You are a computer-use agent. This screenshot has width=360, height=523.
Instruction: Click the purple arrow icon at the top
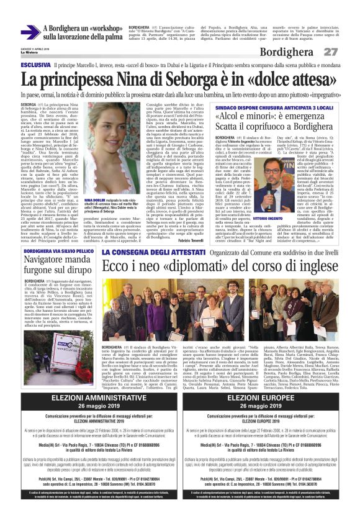click(x=30, y=32)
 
